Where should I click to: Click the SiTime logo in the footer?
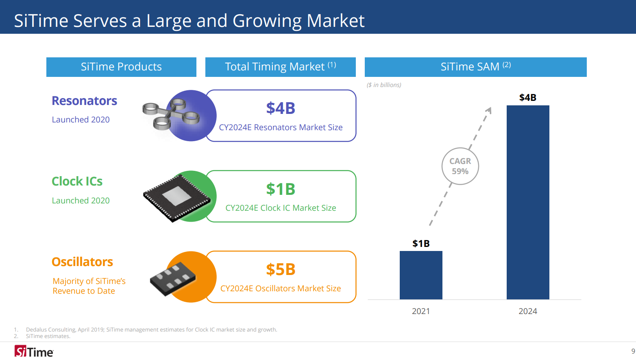34,351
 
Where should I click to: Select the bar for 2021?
421,275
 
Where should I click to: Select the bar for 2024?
527,202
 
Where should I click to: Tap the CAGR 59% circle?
460,166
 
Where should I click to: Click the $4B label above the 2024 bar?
527,98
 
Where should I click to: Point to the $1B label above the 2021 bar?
421,244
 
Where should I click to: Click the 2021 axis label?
421,311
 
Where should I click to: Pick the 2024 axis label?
527,311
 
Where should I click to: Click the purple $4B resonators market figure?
281,109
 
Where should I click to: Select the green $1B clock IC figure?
281,189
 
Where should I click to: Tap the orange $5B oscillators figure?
281,270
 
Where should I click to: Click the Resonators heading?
84,101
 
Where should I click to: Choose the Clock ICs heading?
77,181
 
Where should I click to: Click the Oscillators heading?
82,262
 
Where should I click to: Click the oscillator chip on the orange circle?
173,279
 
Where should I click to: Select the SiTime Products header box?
121,67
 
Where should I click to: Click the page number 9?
633,351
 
